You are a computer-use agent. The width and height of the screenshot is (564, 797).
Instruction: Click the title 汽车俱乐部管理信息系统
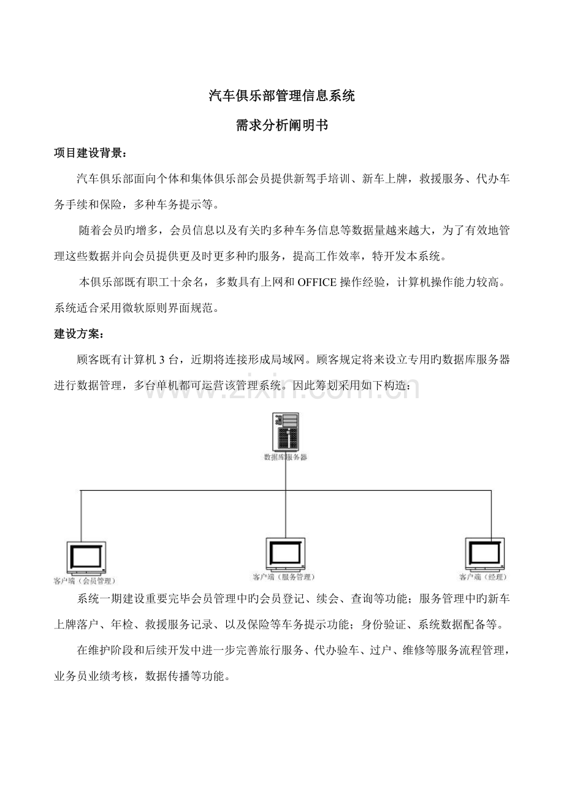[282, 96]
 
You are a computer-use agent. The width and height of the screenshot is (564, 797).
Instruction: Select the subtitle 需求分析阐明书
[282, 126]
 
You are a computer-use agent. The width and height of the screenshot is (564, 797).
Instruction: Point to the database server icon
[286, 432]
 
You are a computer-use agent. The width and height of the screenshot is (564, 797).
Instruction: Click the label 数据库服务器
[285, 457]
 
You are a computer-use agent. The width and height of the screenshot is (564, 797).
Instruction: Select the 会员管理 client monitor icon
[85, 557]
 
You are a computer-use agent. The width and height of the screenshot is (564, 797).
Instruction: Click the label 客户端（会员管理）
[85, 580]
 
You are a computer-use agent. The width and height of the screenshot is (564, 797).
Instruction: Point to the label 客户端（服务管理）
[284, 576]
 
